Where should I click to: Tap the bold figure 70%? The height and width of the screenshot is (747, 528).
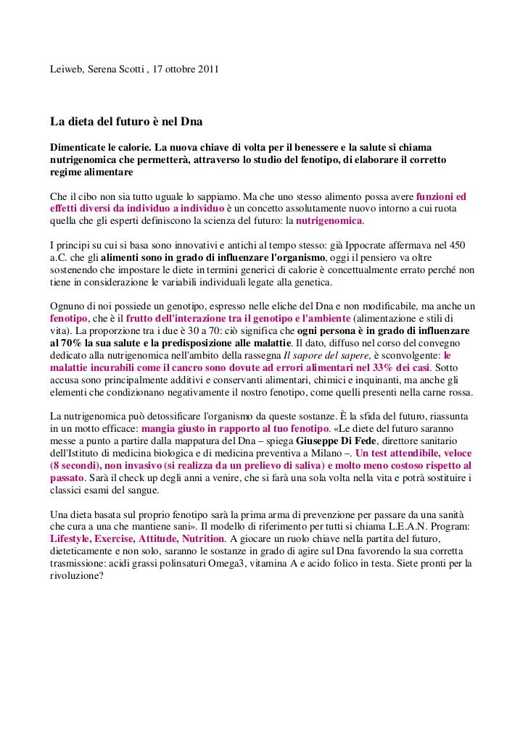(65, 343)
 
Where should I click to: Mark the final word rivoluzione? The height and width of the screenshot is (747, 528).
(77, 576)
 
